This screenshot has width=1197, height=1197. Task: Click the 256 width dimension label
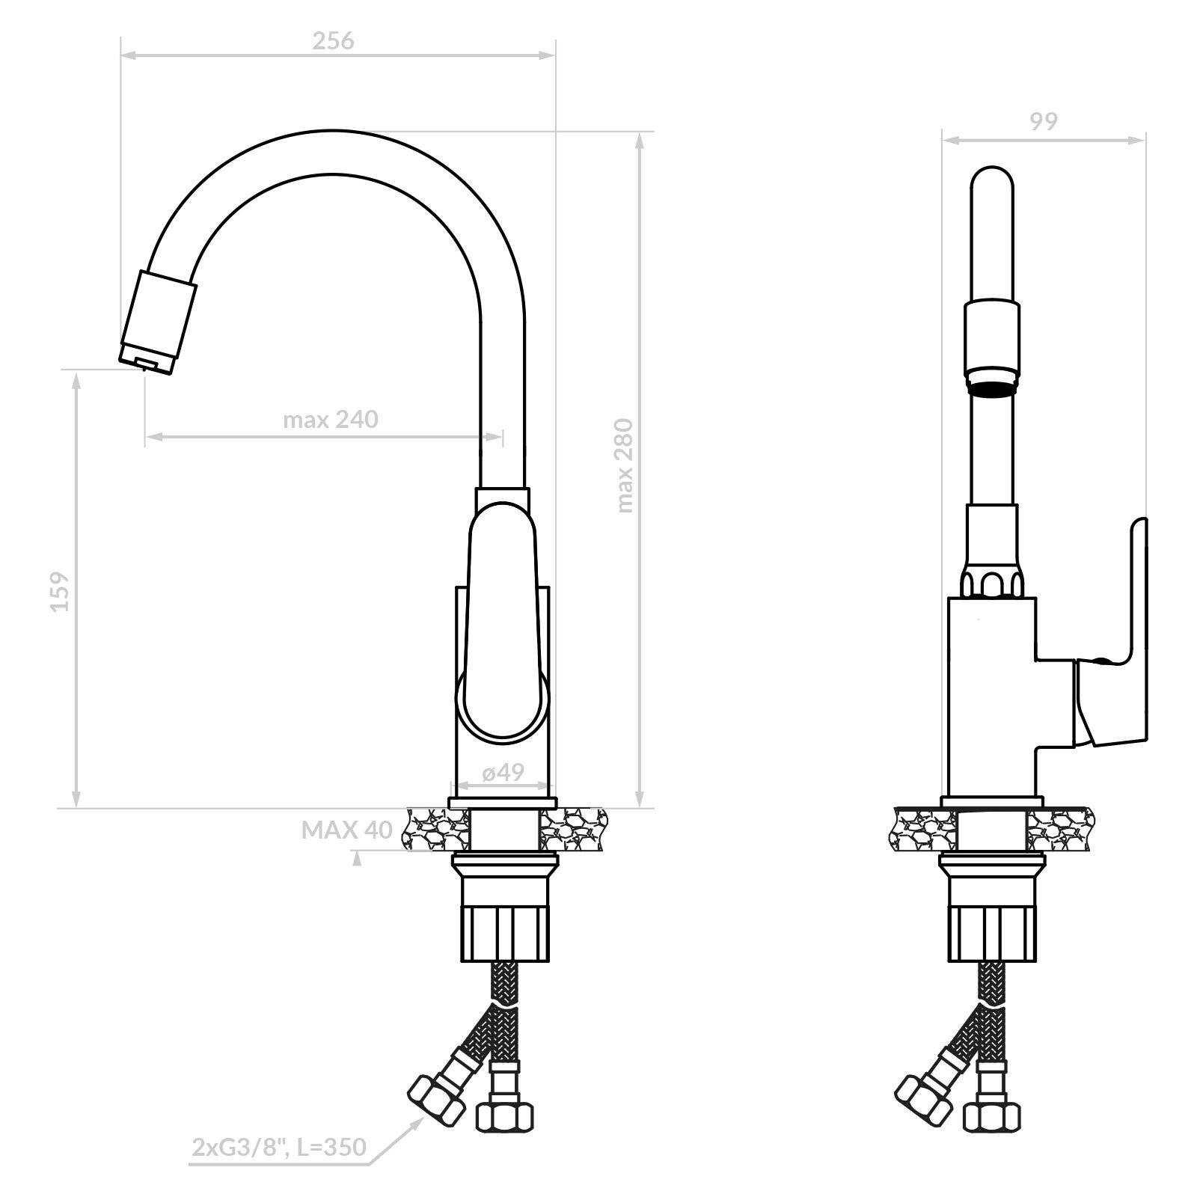point(333,40)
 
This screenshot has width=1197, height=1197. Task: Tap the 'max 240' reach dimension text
point(330,420)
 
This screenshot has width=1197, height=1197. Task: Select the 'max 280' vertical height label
point(625,465)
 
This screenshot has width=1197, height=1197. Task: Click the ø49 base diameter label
point(503,772)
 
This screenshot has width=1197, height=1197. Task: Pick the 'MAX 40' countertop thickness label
point(347,830)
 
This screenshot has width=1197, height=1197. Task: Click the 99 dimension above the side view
point(1044,121)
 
